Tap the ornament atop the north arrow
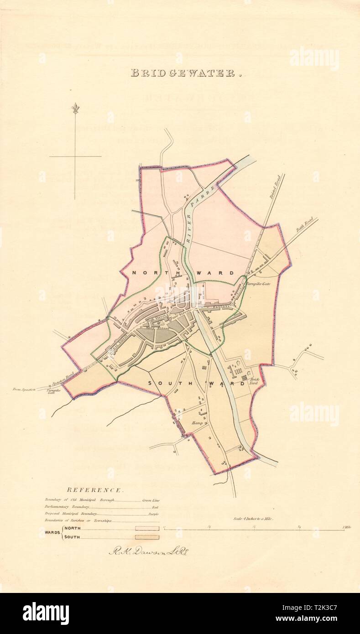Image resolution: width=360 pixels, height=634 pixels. point(75,109)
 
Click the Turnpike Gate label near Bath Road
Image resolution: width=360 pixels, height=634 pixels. point(258,284)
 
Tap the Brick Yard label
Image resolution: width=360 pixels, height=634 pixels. point(254,381)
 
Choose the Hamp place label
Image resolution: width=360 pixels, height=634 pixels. point(197,423)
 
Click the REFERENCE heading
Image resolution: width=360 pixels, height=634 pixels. point(94,490)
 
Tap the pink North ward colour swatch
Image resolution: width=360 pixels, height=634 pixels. point(147,528)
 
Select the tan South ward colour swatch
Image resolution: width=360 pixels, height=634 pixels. point(147,537)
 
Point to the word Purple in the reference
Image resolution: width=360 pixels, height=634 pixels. point(153,514)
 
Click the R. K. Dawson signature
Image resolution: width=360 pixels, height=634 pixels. point(149,551)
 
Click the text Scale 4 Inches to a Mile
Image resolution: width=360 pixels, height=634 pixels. point(253,519)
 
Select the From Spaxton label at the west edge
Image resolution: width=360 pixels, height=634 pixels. point(24,389)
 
